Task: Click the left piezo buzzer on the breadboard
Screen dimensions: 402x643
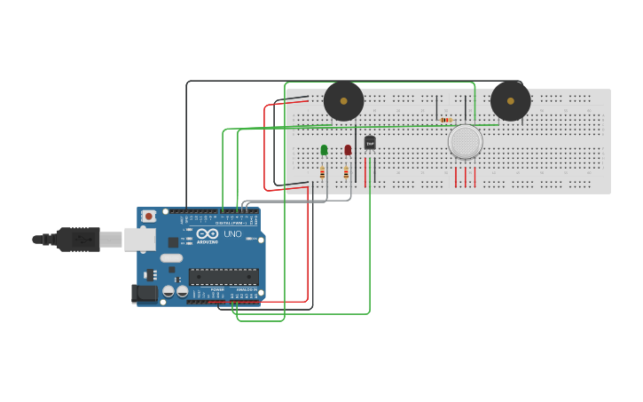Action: [343, 101]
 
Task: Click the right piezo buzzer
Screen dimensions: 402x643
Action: [510, 101]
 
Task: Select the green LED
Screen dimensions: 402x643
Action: [324, 150]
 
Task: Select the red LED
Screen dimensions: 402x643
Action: [348, 150]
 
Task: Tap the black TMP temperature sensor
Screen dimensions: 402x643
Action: [370, 142]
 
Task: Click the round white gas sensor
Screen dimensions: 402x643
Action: [465, 141]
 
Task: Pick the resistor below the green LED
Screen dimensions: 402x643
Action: [322, 173]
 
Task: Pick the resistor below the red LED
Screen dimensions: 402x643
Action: [346, 173]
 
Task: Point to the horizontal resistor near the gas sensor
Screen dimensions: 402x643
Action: [445, 120]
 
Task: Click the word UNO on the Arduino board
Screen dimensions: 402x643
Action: [232, 234]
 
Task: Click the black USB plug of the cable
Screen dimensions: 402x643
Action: [78, 240]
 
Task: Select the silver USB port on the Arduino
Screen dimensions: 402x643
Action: [139, 239]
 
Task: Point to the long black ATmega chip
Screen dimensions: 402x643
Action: [223, 276]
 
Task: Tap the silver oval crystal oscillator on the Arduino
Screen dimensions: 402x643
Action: [171, 258]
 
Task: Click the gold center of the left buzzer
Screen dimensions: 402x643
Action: [343, 100]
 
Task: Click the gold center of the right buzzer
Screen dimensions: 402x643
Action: [510, 100]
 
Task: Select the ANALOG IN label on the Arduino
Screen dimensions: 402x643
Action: [245, 289]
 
